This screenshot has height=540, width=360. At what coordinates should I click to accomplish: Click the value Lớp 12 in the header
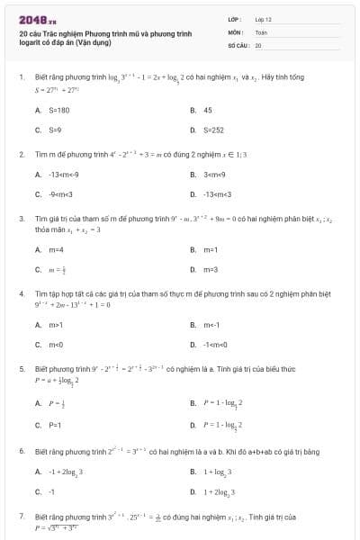[261, 19]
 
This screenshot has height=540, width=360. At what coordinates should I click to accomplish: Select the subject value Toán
[261, 31]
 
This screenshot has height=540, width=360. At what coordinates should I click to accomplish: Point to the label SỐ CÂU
[237, 44]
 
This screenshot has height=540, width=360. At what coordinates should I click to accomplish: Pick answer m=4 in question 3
[56, 248]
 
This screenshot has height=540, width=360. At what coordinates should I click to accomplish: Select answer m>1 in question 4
[56, 323]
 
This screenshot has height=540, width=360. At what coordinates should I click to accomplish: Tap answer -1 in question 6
[51, 491]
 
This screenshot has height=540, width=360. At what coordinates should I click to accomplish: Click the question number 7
[21, 518]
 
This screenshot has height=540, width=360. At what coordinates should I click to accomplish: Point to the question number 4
[21, 293]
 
